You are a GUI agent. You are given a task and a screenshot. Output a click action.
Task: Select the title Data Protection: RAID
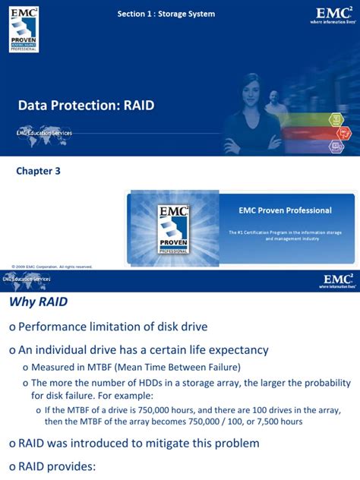pyautogui.click(x=86, y=106)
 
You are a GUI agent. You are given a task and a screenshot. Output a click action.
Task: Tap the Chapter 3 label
pyautogui.click(x=38, y=171)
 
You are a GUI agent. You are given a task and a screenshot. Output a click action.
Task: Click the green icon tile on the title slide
pyautogui.click(x=336, y=120)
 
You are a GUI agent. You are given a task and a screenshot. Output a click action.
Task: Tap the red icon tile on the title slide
pyautogui.click(x=336, y=134)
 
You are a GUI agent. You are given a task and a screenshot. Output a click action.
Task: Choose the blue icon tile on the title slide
pyautogui.click(x=336, y=147)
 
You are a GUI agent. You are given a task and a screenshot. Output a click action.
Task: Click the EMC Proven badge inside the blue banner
pyautogui.click(x=172, y=229)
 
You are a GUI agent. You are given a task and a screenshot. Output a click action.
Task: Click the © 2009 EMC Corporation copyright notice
pyautogui.click(x=52, y=267)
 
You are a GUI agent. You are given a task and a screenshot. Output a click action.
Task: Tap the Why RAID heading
pyautogui.click(x=38, y=302)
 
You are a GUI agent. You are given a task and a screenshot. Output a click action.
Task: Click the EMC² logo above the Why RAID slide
pyautogui.click(x=336, y=281)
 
